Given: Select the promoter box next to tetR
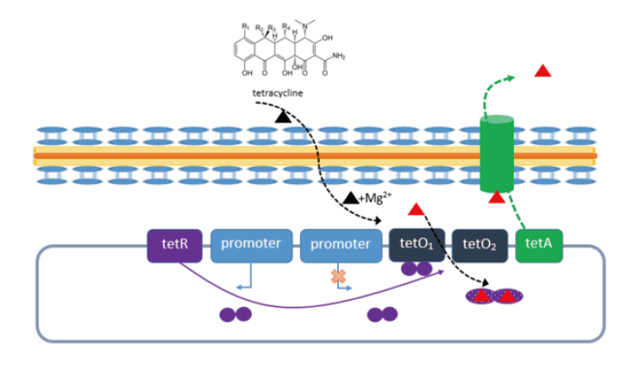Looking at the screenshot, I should pos(251,245).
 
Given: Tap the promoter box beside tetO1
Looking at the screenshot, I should pos(341,245).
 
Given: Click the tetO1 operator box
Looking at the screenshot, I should pos(417,245).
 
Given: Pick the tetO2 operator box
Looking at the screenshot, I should pos(480,245).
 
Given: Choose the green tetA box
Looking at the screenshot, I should pos(539,245).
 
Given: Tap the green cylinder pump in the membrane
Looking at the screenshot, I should pos(496,155).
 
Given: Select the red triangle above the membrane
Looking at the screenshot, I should pos(543,71).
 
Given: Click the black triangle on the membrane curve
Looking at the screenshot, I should pos(283,115).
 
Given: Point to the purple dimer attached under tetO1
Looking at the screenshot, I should pos(417,269).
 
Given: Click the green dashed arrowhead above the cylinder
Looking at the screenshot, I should pos(511,78).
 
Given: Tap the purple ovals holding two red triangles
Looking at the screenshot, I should pos(495,297).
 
